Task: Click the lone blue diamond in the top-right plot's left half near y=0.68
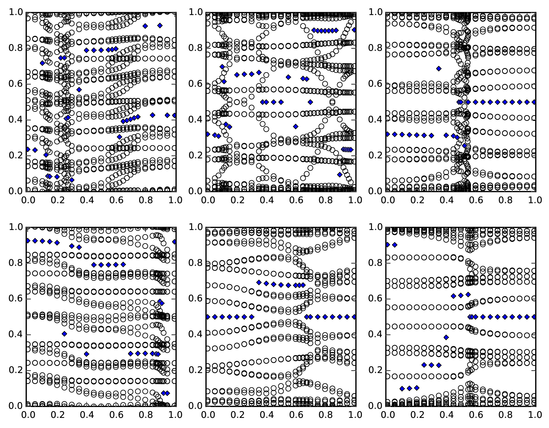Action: point(439,69)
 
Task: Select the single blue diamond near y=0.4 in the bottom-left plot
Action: point(64,334)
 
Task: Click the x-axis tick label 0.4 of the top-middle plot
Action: point(266,200)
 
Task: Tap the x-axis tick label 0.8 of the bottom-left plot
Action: point(146,415)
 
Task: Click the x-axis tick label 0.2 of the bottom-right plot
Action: point(416,415)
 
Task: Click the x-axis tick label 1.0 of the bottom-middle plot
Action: point(355,415)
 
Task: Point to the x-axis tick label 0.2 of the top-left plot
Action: point(57,200)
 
